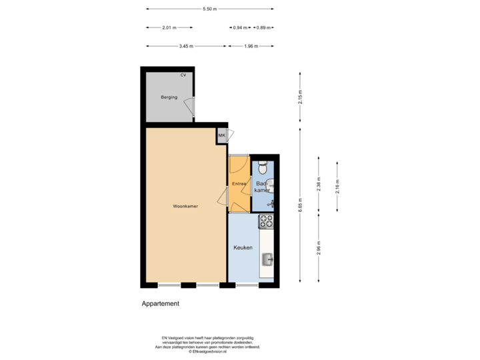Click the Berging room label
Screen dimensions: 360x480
pos(169,97)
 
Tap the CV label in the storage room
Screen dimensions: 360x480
pos(183,75)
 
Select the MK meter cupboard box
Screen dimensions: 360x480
pos(221,136)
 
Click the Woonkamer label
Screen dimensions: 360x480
pos(185,206)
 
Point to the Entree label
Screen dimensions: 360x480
pos(239,183)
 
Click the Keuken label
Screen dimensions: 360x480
pos(243,247)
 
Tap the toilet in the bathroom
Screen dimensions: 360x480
pos(263,165)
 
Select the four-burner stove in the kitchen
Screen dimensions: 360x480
pos(267,220)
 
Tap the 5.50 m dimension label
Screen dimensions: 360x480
pos(209,9)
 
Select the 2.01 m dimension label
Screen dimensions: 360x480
pos(169,27)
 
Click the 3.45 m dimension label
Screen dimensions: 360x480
pos(186,46)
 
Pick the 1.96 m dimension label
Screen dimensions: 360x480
pos(251,46)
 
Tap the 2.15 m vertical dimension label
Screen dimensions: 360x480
pos(301,96)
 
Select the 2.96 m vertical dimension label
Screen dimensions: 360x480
pos(319,247)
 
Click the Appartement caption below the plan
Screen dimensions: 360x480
pos(161,303)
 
